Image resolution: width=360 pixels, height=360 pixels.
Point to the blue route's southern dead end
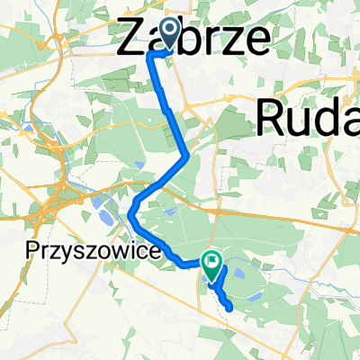pos(233,308)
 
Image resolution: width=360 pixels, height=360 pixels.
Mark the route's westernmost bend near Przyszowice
pos(130,214)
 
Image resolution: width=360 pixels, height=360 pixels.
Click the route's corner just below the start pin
pos(150,55)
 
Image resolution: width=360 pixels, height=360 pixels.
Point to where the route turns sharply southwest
pos(186,157)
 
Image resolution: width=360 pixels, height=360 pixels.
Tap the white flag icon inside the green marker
pos(212,263)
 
